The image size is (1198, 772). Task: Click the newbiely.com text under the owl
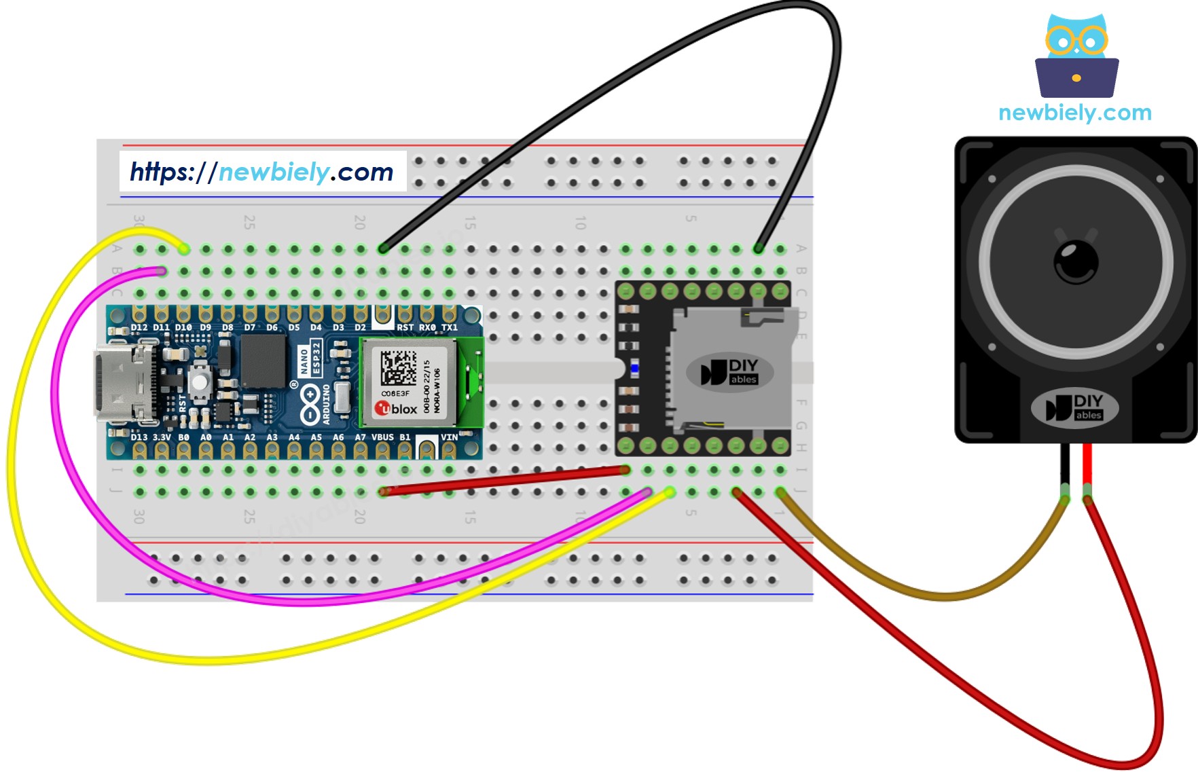1075,113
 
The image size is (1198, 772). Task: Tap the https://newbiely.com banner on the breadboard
262,172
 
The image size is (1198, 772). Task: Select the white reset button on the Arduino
200,381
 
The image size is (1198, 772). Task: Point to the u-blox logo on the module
397,409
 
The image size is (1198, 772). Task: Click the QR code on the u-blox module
398,367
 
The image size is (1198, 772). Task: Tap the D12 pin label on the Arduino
139,327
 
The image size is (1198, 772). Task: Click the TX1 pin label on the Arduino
450,327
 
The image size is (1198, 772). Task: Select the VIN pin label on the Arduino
449,437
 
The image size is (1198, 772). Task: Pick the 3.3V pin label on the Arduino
162,437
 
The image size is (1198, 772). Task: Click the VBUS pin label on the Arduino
382,437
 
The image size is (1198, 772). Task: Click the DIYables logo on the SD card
730,372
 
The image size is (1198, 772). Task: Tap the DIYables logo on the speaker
1074,408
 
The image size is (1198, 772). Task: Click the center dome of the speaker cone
1076,261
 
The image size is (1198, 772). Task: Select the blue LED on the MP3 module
634,369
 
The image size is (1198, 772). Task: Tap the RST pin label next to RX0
405,327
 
